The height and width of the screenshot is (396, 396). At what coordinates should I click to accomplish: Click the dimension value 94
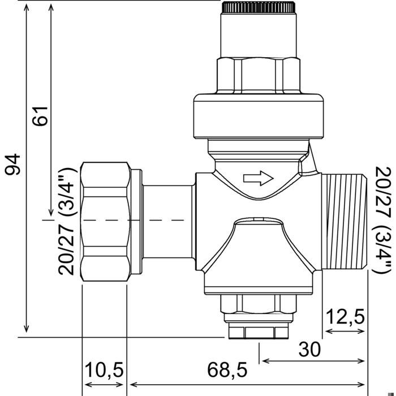coord(12,164)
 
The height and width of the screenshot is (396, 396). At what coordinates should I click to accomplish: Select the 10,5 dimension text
coord(104,371)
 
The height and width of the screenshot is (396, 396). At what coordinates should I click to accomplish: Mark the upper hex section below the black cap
coord(258,74)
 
